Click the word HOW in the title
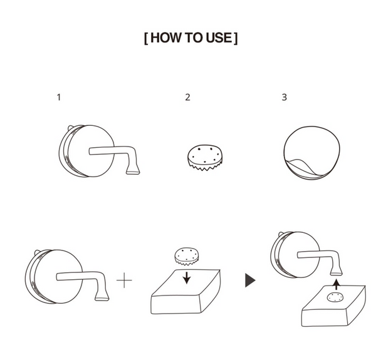[166, 38]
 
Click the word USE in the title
[219, 38]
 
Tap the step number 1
[59, 97]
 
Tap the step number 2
[188, 97]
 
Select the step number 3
[284, 97]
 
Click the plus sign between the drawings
[124, 280]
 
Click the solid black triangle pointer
[250, 280]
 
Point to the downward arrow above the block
[187, 277]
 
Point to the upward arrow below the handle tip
[337, 284]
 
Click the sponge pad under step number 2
[205, 157]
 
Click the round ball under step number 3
[311, 153]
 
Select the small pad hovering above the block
[187, 256]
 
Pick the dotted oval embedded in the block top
[335, 297]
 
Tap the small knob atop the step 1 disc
[71, 128]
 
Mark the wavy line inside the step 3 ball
[303, 165]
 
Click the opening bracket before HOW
[146, 38]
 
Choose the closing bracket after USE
[236, 38]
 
